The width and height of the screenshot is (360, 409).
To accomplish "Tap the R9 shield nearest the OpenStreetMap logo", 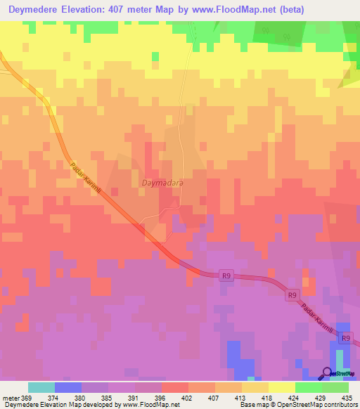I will coord(345,338).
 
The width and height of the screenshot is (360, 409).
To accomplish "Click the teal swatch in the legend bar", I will coord(41,387).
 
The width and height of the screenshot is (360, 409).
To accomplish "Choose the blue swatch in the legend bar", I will coord(68,387).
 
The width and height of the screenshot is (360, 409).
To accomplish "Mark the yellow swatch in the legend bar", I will coord(282,387).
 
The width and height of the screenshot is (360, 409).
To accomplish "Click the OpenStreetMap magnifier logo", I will coord(328,373).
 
